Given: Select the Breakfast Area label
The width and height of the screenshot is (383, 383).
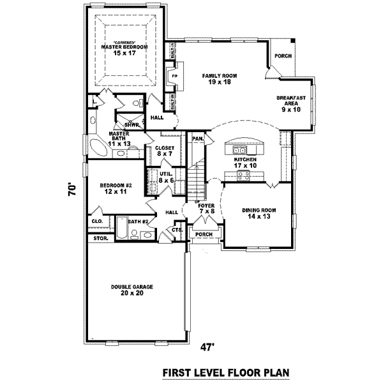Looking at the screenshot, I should pos(290,103).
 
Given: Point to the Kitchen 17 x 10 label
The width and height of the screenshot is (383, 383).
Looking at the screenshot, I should pos(244,162).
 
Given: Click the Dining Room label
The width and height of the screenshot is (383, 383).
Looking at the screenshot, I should pos(258,213).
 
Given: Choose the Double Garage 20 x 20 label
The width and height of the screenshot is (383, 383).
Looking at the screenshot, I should pos(131,290).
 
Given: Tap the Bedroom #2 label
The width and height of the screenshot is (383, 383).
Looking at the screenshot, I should pos(116,188).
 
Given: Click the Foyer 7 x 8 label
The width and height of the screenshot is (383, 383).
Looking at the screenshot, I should pos(206,209).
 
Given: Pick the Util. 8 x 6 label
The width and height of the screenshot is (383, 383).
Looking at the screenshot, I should pos(167,177).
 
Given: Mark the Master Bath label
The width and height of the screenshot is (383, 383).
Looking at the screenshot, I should pos(119,139).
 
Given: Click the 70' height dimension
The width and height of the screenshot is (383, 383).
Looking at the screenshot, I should pos(74,190).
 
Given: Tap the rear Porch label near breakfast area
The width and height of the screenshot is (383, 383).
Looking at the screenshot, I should pos(283,56).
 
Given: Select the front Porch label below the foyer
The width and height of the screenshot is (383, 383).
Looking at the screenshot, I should pos(204,234).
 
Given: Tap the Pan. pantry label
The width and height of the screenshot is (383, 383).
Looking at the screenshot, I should pos(198,138).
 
